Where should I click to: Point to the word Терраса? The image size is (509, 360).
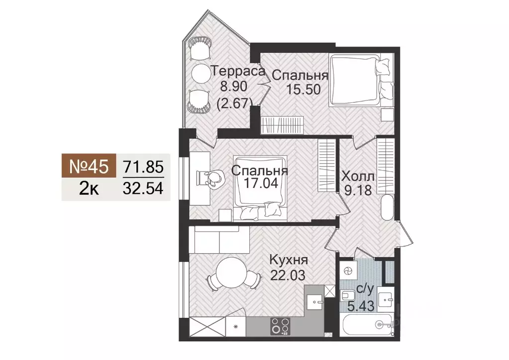[x=237, y=71]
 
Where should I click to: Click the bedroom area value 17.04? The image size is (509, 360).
[x=260, y=183]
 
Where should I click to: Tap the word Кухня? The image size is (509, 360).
[x=289, y=260]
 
